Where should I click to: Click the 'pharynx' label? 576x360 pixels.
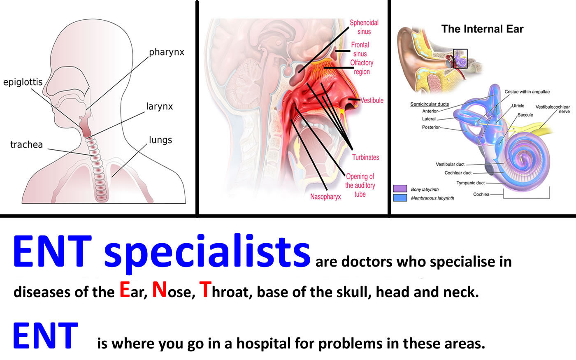pyautogui.click(x=167, y=53)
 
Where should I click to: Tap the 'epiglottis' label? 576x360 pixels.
pyautogui.click(x=23, y=82)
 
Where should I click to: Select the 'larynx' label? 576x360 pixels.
pyautogui.click(x=160, y=107)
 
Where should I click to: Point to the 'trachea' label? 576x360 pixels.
pyautogui.click(x=26, y=144)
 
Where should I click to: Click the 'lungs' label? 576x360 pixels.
pyautogui.click(x=160, y=140)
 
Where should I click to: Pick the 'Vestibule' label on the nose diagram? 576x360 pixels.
pyautogui.click(x=372, y=100)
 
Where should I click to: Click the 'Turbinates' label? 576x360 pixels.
pyautogui.click(x=366, y=157)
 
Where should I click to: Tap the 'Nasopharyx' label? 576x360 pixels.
pyautogui.click(x=325, y=197)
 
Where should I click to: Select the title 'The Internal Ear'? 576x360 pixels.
pyautogui.click(x=482, y=29)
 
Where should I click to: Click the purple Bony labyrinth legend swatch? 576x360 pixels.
pyautogui.click(x=400, y=188)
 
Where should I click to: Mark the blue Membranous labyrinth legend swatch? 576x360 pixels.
pyautogui.click(x=400, y=198)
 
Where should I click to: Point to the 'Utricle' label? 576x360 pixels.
pyautogui.click(x=518, y=106)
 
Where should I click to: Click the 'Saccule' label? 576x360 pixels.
pyautogui.click(x=525, y=115)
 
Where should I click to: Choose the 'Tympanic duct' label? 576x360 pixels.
pyautogui.click(x=471, y=183)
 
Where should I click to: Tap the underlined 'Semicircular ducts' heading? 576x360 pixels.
pyautogui.click(x=430, y=104)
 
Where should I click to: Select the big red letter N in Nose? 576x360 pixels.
pyautogui.click(x=160, y=290)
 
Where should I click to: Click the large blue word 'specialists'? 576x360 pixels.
pyautogui.click(x=207, y=251)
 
